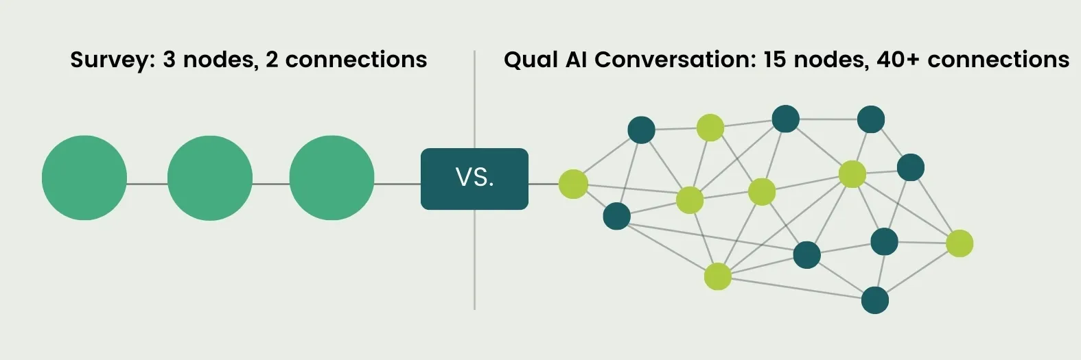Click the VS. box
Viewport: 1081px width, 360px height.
[x=474, y=179]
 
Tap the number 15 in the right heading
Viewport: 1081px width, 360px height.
[x=774, y=60]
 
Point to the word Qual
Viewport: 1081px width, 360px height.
[x=530, y=60]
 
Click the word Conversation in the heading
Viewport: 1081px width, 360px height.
[x=675, y=60]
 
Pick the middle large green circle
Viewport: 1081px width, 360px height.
[x=210, y=178]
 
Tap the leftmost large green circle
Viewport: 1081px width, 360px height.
[x=84, y=178]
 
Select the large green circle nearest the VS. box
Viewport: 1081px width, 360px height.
[x=332, y=178]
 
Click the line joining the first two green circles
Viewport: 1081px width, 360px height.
[x=147, y=184]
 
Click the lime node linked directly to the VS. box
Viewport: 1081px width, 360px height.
[x=573, y=184]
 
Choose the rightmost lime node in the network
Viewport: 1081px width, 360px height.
[x=960, y=243]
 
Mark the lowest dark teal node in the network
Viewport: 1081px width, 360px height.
[x=874, y=300]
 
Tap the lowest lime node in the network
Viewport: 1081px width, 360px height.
[x=717, y=276]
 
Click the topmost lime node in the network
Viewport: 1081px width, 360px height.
[x=710, y=128]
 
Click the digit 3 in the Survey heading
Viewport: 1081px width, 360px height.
[x=169, y=60]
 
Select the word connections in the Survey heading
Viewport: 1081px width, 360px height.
[x=356, y=60]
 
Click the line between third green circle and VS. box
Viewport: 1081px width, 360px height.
[x=397, y=184]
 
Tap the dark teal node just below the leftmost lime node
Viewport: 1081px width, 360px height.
[x=616, y=216]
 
